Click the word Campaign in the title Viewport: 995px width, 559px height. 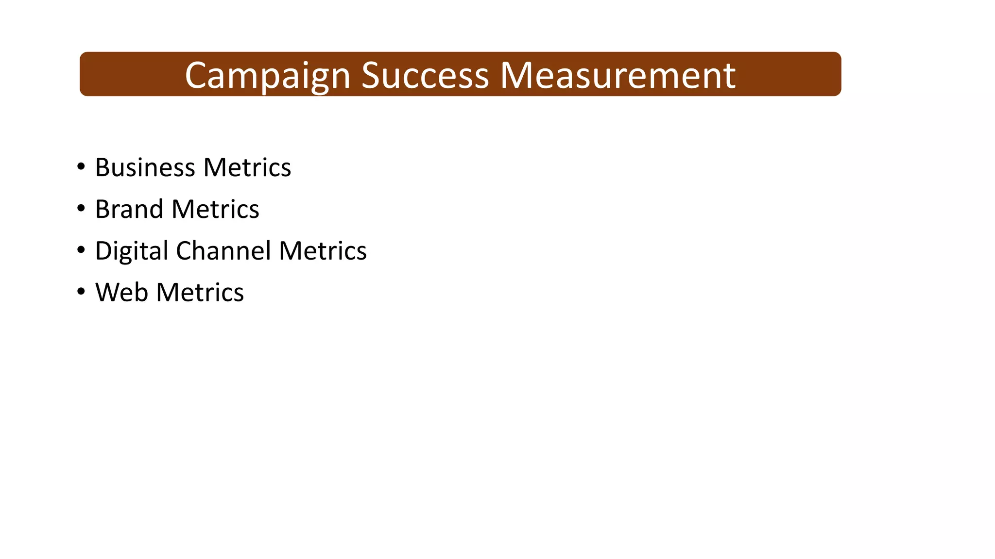tap(268, 76)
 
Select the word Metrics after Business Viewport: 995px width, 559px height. tap(247, 167)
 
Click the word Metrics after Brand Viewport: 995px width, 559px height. tap(215, 209)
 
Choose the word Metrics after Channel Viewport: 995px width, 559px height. tap(323, 251)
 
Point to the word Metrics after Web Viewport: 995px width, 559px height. tap(200, 293)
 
